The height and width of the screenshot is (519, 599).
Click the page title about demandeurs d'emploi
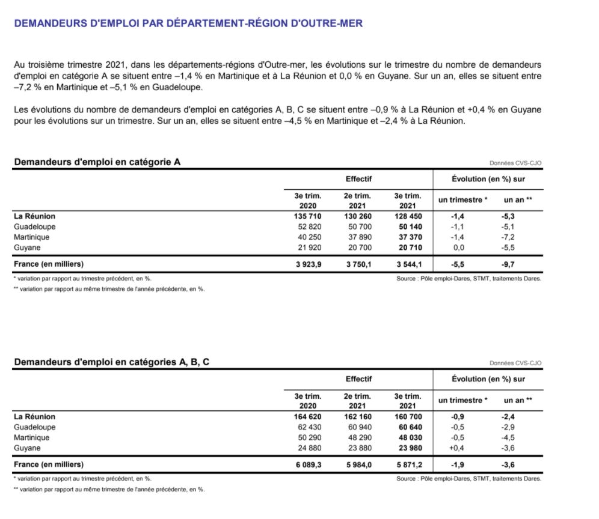(x=188, y=24)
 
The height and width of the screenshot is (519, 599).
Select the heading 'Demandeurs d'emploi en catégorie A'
(x=97, y=162)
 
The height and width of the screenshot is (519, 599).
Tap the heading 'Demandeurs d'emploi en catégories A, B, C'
(x=111, y=363)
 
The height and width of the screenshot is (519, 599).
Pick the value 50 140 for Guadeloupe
(x=408, y=227)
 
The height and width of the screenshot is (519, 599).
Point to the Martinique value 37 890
(x=358, y=237)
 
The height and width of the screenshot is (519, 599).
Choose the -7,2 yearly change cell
(x=508, y=237)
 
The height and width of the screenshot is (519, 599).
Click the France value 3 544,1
(x=408, y=264)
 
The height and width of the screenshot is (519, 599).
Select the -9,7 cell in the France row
(x=508, y=264)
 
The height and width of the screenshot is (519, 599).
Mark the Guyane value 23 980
(x=408, y=448)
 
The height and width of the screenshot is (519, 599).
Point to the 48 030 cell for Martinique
(x=408, y=438)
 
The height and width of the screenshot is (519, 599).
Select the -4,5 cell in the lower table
(x=508, y=438)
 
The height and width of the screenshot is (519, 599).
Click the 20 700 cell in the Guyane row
(x=358, y=247)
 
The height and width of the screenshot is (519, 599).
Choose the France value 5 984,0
(x=358, y=464)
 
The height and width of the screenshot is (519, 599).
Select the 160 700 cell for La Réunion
(x=408, y=417)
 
